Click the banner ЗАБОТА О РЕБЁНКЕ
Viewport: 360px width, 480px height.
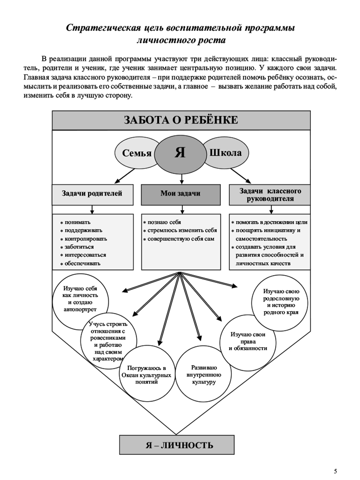coord(181,120)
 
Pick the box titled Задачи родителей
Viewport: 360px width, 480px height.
coord(92,195)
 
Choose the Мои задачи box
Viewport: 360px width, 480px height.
coord(180,195)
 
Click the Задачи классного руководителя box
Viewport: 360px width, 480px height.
coord(270,195)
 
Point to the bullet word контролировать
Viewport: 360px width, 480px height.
coord(86,238)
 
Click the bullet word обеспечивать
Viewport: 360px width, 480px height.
coord(82,264)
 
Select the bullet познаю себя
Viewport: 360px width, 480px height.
coord(164,222)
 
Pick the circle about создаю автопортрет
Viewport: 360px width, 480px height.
coord(80,302)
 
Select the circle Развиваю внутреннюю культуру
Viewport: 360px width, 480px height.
coord(203,373)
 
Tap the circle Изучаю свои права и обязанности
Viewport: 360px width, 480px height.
coord(248,343)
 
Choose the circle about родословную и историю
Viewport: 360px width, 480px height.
coord(280,303)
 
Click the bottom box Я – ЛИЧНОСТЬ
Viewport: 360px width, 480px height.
coord(177,444)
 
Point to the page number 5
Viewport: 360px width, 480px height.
coord(336,470)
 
